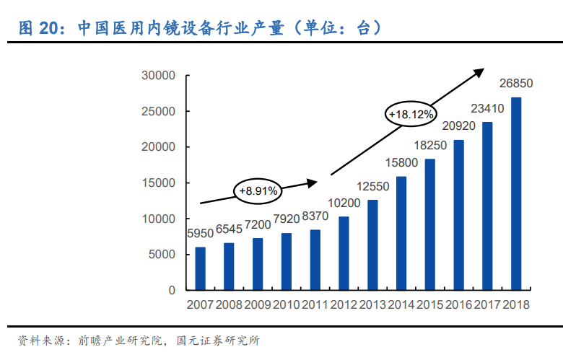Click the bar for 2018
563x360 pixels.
(x=516, y=193)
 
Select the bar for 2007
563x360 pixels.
(x=200, y=268)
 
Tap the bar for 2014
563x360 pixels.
(x=401, y=233)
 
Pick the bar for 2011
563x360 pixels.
(x=315, y=260)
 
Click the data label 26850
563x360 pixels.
(x=516, y=84)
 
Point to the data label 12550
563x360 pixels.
(x=372, y=186)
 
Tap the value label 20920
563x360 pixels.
(x=458, y=126)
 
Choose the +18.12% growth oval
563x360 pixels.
(x=410, y=114)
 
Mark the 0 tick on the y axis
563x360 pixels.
(x=172, y=290)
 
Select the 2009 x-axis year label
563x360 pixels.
(x=258, y=305)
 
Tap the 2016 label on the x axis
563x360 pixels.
(x=458, y=305)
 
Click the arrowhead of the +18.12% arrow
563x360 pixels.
(x=480, y=71)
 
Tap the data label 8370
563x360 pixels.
(x=315, y=216)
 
